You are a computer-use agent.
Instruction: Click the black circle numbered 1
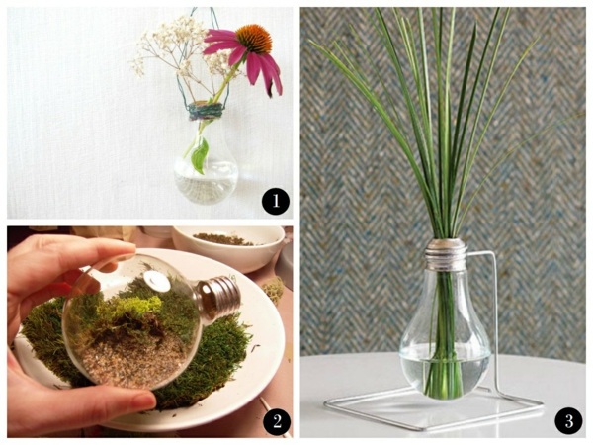click(276, 201)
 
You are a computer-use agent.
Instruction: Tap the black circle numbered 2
click(277, 421)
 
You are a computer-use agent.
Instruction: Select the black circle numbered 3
click(569, 421)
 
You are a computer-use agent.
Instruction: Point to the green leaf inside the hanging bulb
click(200, 155)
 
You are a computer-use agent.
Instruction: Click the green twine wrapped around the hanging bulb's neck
click(205, 111)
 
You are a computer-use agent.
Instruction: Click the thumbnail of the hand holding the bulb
click(143, 401)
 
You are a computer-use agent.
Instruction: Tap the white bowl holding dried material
click(228, 248)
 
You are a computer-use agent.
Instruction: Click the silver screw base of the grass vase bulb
click(446, 253)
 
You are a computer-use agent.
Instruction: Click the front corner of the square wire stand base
click(424, 430)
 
